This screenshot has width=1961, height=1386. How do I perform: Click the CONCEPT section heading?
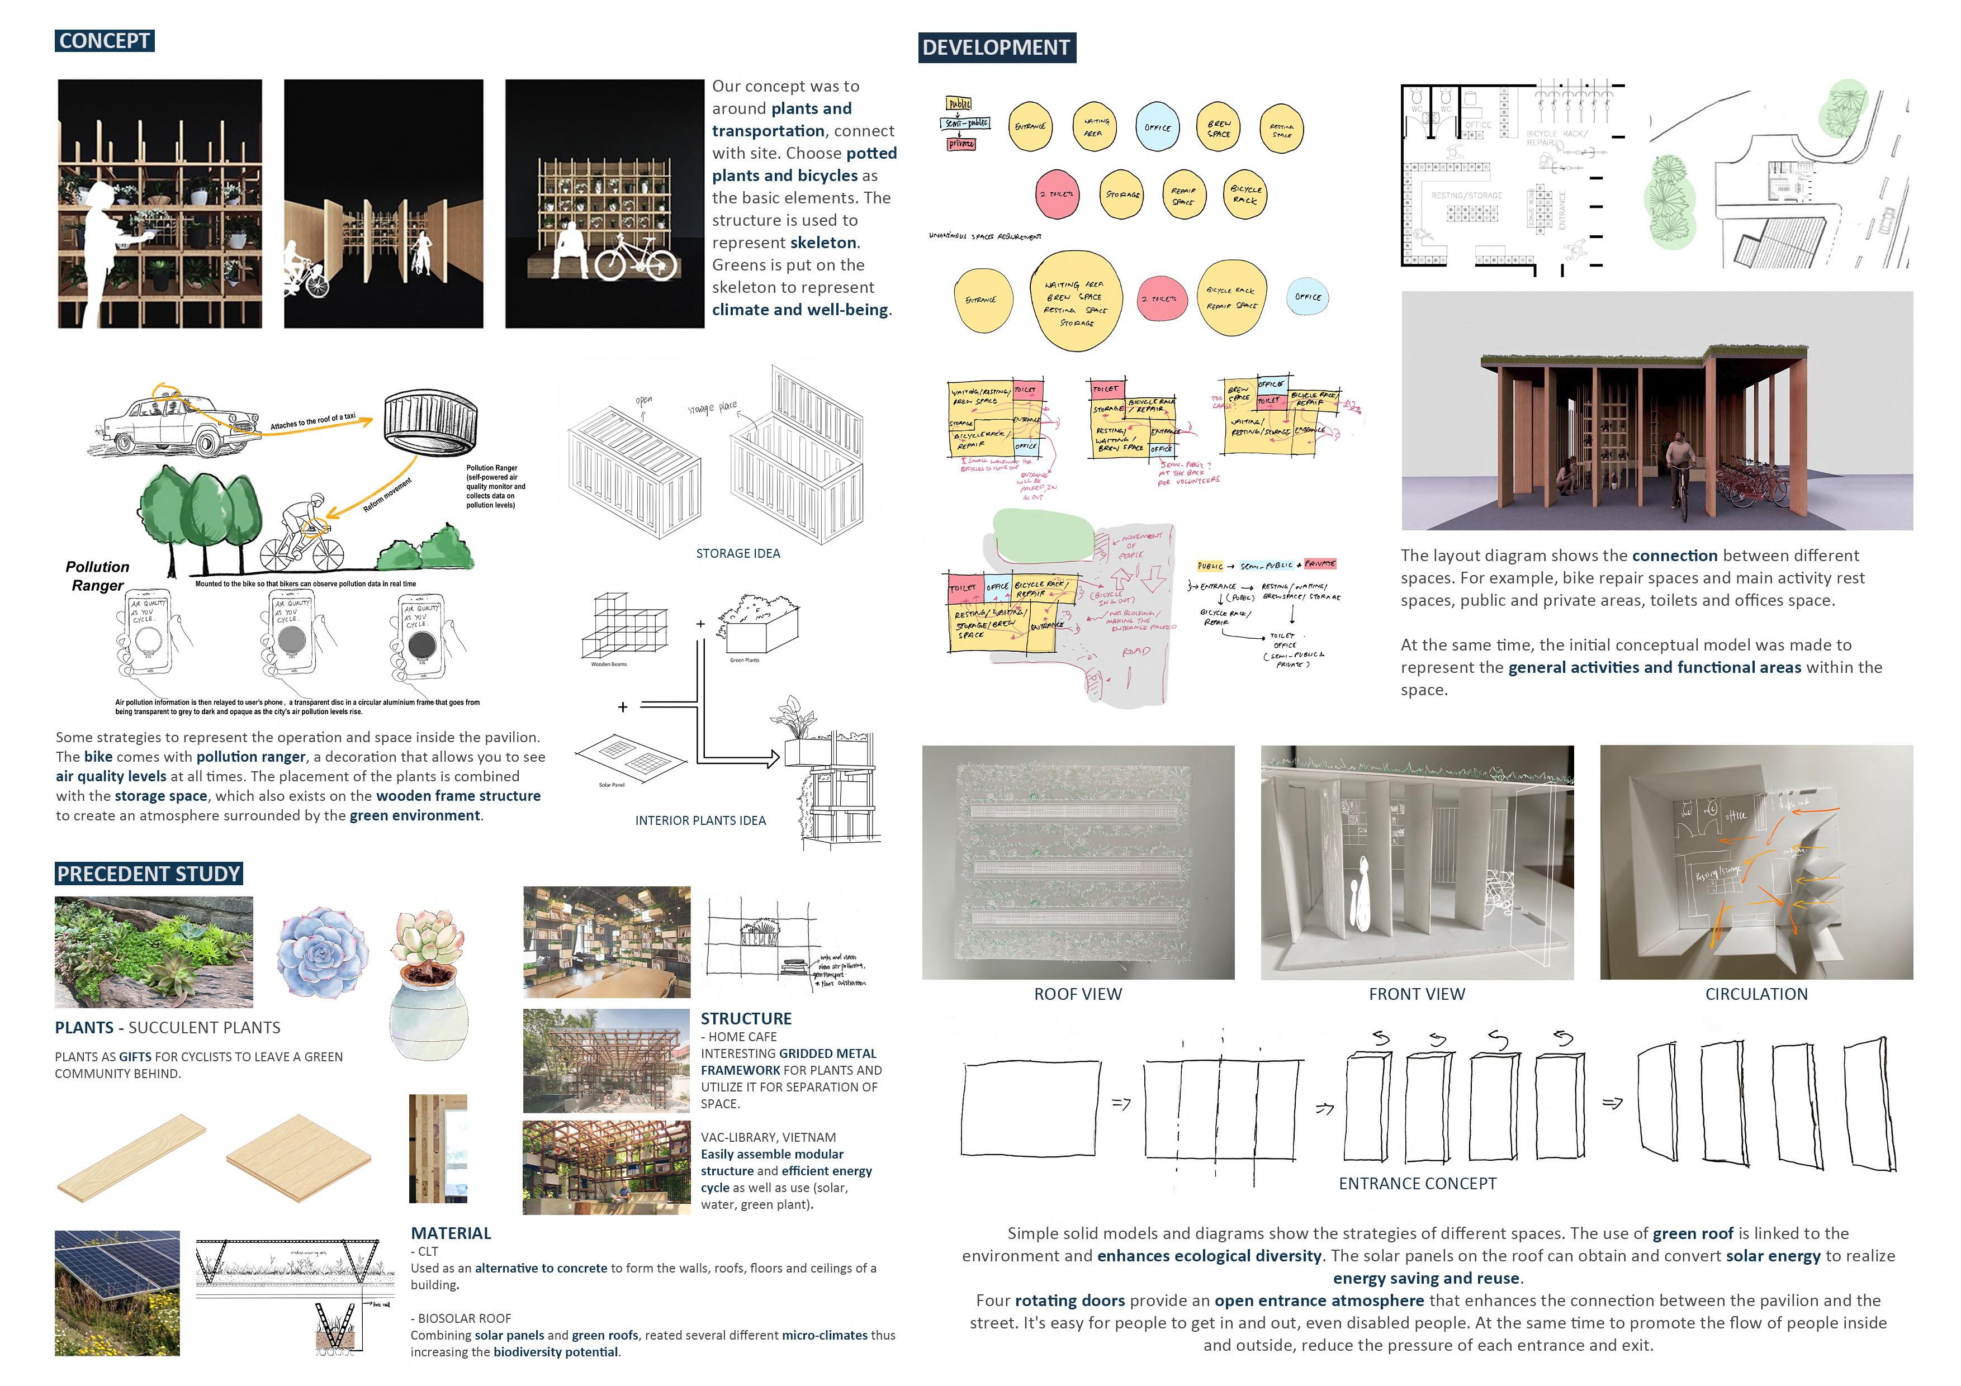(104, 40)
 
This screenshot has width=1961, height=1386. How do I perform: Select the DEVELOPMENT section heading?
(996, 48)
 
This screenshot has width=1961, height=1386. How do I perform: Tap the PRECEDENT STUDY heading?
(149, 874)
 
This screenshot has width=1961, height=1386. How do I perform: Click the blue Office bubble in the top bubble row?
(1158, 128)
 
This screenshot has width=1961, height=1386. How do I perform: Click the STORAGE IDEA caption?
(738, 553)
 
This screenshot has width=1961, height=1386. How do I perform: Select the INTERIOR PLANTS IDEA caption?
(700, 820)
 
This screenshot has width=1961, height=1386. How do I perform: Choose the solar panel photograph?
(117, 1292)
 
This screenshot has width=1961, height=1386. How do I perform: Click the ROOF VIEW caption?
(1078, 994)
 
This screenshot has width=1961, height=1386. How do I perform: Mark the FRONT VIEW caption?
(1417, 994)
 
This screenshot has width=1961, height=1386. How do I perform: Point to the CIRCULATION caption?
(1756, 994)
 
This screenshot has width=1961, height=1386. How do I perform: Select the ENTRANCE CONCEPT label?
(1418, 1184)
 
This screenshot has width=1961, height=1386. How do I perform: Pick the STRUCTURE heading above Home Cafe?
(746, 1019)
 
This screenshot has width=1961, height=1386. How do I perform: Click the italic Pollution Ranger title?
(97, 576)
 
